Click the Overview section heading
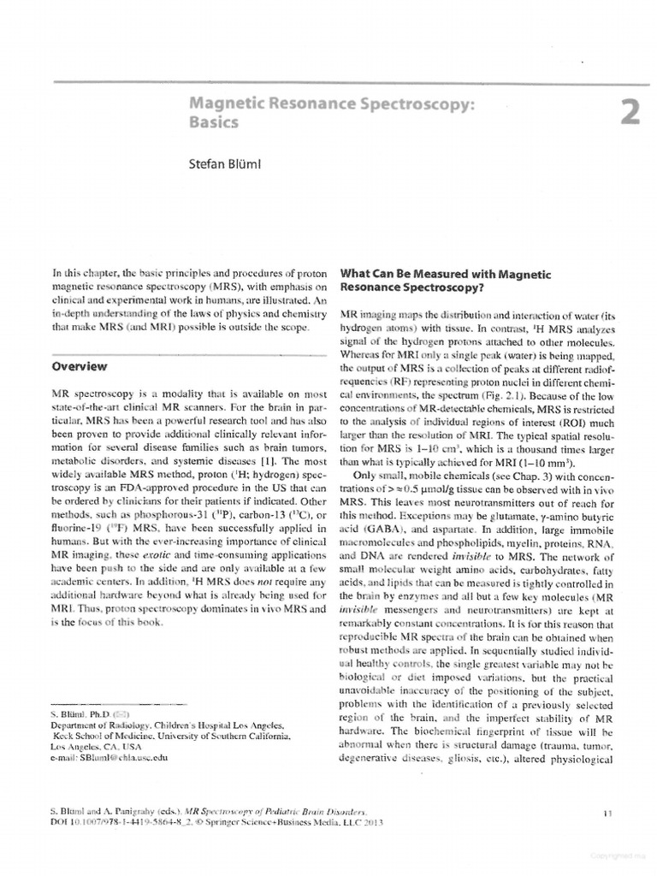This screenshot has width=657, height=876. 80,366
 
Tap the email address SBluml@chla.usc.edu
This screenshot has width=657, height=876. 124,758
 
